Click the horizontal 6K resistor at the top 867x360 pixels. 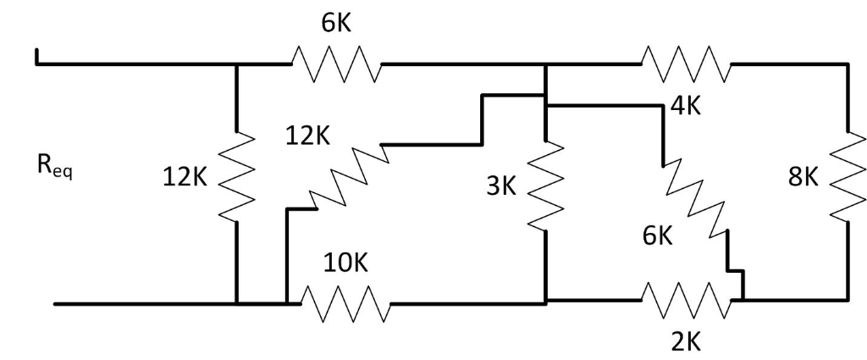335,64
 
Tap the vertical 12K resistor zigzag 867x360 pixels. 236,176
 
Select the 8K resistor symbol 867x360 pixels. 847,176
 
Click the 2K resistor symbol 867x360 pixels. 686,301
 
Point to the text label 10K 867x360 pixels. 346,263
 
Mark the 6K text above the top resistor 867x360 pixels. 335,24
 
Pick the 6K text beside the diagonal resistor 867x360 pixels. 656,237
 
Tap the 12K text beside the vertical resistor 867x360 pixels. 184,178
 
